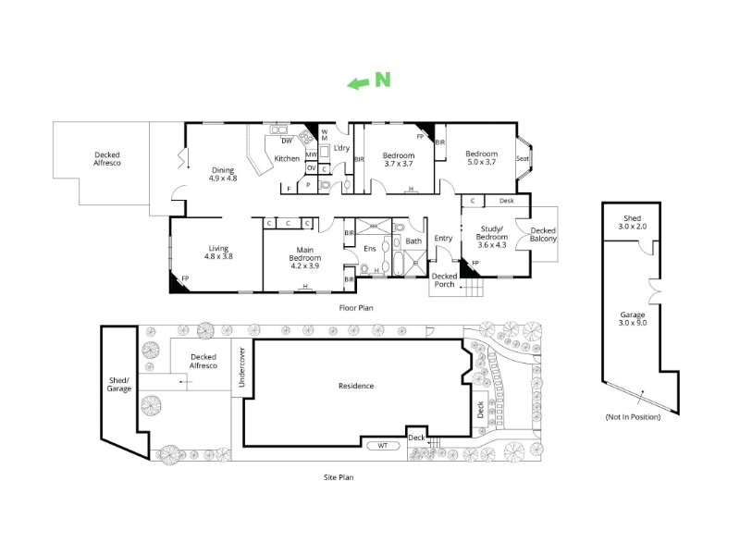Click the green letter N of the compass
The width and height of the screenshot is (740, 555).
point(383,80)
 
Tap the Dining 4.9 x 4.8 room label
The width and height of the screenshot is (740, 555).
point(223,174)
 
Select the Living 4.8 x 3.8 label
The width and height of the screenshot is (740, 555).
point(218,253)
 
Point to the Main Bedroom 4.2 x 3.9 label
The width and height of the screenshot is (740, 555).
point(305,258)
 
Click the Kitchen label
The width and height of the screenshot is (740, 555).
point(287,158)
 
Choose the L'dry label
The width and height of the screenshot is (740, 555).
point(341,148)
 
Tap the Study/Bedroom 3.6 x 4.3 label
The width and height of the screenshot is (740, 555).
point(492,237)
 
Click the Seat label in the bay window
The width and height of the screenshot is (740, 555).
point(523,158)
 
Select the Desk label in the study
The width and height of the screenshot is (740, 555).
point(506,201)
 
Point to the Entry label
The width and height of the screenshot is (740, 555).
point(443,239)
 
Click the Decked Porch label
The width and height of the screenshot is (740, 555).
point(444,280)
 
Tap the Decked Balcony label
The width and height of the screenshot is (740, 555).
point(543,235)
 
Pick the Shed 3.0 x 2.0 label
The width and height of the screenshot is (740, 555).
point(633,222)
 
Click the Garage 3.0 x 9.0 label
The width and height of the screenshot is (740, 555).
point(633,318)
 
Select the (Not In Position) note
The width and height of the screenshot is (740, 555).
point(633,417)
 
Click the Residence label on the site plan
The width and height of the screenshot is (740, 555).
point(356,386)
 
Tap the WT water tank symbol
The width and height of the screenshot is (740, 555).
point(383,446)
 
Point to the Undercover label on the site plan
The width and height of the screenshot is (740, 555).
point(242,367)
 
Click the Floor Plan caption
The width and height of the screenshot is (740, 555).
point(356,308)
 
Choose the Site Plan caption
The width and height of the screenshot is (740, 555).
point(339,477)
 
